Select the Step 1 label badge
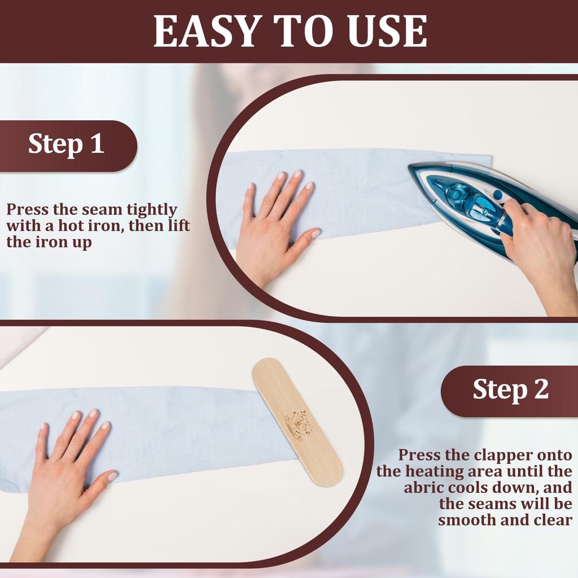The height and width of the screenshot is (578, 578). click(x=67, y=144)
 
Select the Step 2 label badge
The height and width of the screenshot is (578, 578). click(x=510, y=389)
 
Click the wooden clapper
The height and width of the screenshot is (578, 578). click(x=297, y=421)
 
